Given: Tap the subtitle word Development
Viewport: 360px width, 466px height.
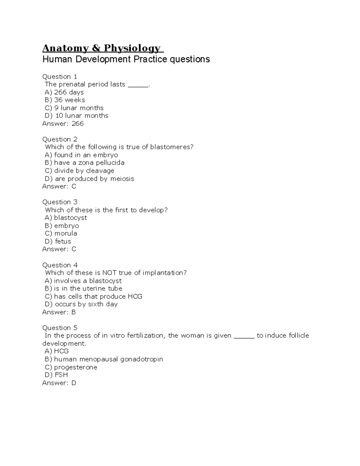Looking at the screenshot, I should coord(103,59).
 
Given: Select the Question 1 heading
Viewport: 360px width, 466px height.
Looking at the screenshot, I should coord(60,77).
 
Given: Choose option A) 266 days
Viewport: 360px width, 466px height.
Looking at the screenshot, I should coord(64,92).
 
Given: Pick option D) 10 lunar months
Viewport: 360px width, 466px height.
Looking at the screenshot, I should coord(76,116).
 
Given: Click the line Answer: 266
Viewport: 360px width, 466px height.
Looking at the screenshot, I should coord(63,124).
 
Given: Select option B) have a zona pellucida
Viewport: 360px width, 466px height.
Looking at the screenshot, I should coord(85,163).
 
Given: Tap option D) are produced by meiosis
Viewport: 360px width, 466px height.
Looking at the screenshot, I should coord(89,179).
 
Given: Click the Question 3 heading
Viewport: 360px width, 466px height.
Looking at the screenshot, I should coord(60,202).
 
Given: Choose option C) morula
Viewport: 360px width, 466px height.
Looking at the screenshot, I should coord(61,233).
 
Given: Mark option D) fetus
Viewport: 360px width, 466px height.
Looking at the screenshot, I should coord(58,241).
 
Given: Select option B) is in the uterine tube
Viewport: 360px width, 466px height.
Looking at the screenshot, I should coord(83,288).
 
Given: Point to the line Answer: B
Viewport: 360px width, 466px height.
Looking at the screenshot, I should coord(59,312).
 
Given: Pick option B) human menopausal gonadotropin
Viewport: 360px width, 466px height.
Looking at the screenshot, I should coord(104,359).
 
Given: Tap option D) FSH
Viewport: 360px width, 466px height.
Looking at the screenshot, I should coord(56,375).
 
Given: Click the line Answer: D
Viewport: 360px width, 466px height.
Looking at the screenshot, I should coord(59,383).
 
